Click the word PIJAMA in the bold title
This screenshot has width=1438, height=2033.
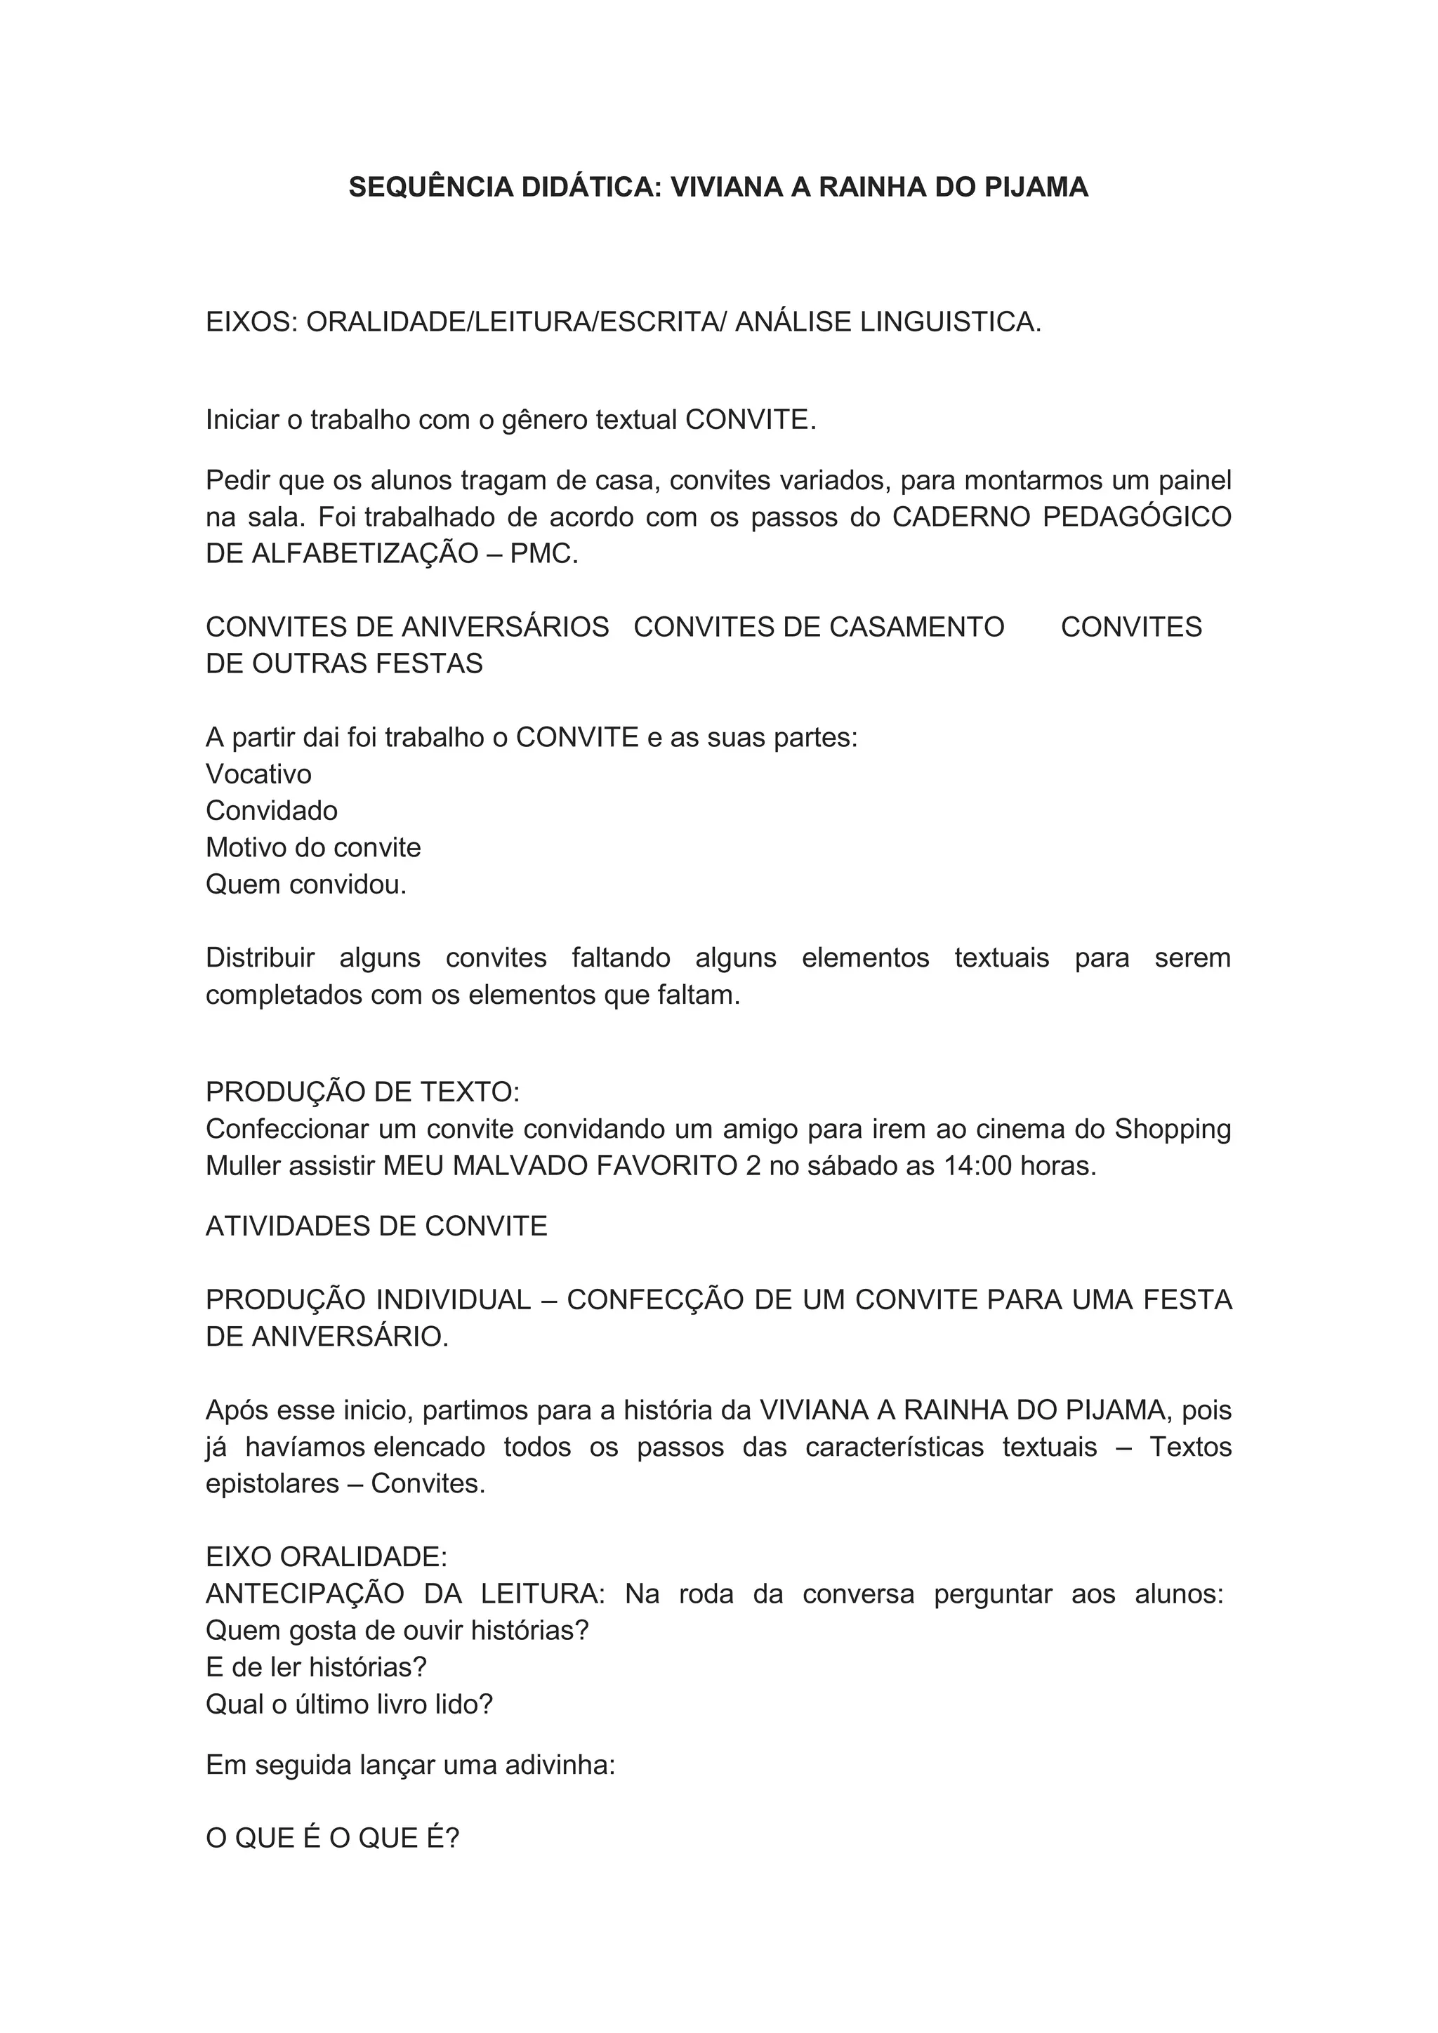[x=1036, y=187]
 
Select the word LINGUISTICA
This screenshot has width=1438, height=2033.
[x=950, y=322]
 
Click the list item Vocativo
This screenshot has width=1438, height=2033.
[x=258, y=775]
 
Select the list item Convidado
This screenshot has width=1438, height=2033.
[x=272, y=811]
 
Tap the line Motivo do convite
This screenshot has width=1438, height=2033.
[x=313, y=848]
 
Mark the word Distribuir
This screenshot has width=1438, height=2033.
[x=260, y=958]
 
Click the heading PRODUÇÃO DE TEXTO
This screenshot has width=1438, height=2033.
[x=362, y=1092]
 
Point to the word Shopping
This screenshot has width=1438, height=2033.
[x=1173, y=1130]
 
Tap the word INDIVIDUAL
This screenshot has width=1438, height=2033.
[x=454, y=1300]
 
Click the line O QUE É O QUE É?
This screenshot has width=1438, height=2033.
[x=333, y=1839]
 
